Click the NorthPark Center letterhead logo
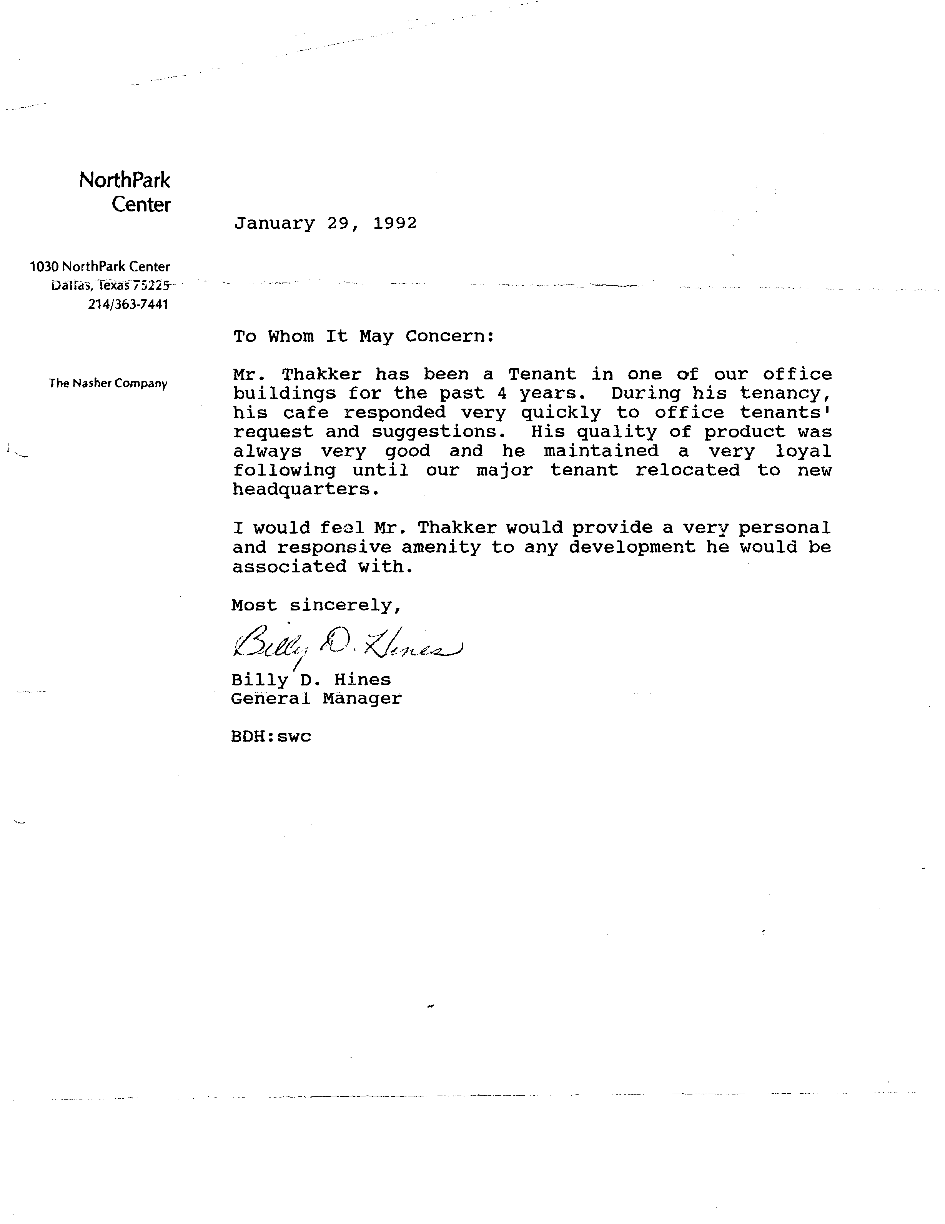click(x=125, y=192)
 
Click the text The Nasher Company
click(x=108, y=383)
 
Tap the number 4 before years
click(x=502, y=393)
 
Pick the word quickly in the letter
click(x=561, y=413)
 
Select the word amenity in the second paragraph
click(x=441, y=547)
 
